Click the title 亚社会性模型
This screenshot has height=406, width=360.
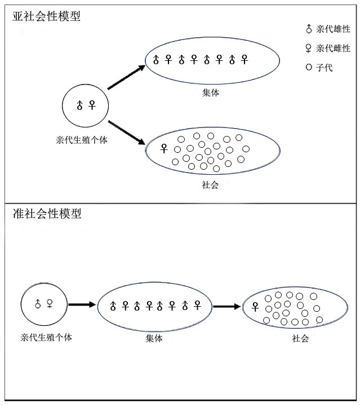pyautogui.click(x=47, y=16)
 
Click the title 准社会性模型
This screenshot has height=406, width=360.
pyautogui.click(x=47, y=214)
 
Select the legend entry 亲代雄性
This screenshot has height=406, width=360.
pyautogui.click(x=328, y=29)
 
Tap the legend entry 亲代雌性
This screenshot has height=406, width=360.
pyautogui.click(x=328, y=48)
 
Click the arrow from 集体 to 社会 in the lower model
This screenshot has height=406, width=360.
pyautogui.click(x=228, y=307)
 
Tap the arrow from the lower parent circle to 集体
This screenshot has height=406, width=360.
pyautogui.click(x=82, y=304)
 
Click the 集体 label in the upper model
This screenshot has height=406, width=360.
pyautogui.click(x=210, y=93)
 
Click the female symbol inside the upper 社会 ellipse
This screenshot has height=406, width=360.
pyautogui.click(x=164, y=149)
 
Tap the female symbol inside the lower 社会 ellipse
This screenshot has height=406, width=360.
pyautogui.click(x=255, y=307)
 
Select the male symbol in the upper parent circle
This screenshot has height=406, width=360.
pyautogui.click(x=79, y=105)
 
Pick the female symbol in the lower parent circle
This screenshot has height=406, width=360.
pyautogui.click(x=50, y=303)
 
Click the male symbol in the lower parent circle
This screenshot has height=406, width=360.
pyautogui.click(x=38, y=303)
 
